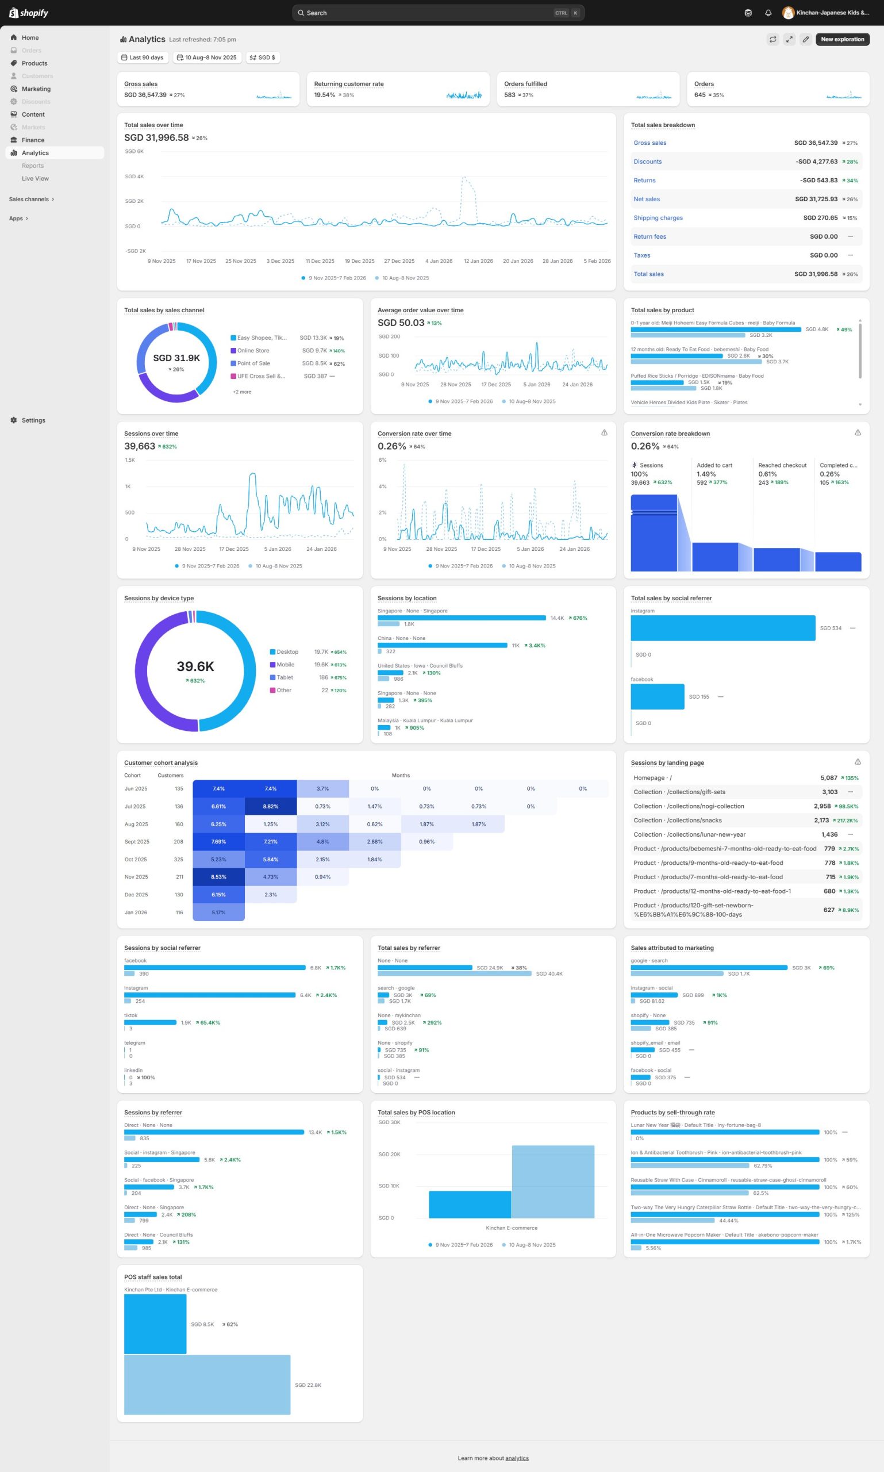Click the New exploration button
[841, 39]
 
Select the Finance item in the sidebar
[33, 140]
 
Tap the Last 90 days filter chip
[143, 58]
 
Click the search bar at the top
[438, 13]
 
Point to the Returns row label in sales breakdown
[644, 181]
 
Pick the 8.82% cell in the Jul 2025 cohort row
[271, 806]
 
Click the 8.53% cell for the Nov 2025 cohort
[218, 877]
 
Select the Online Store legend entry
[252, 350]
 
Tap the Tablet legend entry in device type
[284, 677]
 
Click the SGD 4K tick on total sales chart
[134, 177]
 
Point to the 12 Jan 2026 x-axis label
[478, 261]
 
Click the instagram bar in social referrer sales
[722, 628]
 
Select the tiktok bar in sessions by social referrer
[150, 1023]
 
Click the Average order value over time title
[420, 310]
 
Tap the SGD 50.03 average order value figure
[401, 323]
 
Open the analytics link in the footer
[517, 1458]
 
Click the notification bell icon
[768, 13]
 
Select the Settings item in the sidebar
[33, 420]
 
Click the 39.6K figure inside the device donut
[195, 666]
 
